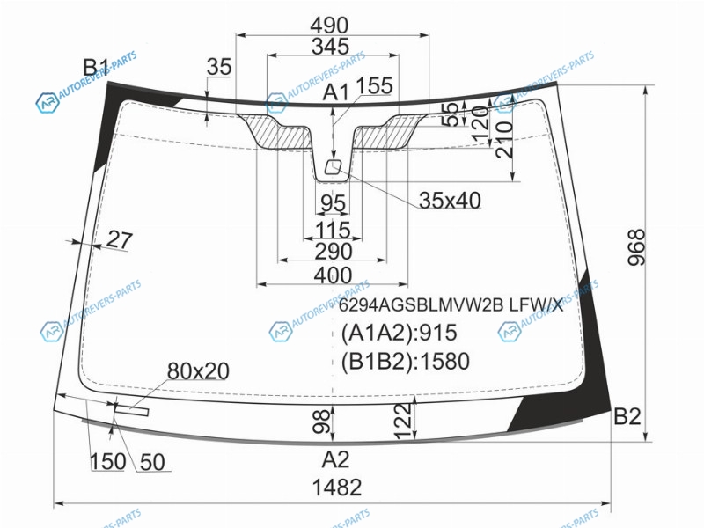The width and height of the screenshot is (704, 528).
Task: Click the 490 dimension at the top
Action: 329,26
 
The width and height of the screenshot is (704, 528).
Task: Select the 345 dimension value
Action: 331,47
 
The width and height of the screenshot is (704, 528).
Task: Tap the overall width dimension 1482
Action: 337,488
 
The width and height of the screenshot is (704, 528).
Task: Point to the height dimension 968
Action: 636,247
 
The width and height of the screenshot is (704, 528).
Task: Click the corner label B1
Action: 96,68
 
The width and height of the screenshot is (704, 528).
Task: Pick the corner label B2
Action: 627,416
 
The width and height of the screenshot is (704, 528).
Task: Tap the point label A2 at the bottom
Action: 335,459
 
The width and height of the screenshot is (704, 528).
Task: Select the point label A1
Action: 335,93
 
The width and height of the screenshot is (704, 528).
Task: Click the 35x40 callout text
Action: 450,201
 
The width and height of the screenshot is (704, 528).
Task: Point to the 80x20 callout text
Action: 198,371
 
